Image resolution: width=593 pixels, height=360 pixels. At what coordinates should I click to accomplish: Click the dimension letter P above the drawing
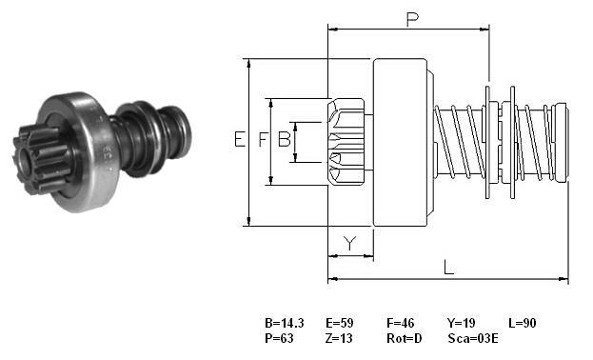(x=412, y=19)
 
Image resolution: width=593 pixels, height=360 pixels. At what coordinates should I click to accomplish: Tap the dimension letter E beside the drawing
(x=240, y=139)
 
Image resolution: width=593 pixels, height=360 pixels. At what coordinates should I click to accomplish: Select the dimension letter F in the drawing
(x=263, y=139)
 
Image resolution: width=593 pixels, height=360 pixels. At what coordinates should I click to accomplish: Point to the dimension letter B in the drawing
(x=285, y=139)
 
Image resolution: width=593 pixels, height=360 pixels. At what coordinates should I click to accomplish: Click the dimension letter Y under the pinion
(x=350, y=243)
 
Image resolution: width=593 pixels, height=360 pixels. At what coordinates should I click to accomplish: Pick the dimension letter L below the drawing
(x=448, y=268)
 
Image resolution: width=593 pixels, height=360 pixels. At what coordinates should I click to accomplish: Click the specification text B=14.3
(x=285, y=323)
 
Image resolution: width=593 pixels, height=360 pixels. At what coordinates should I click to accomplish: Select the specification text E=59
(x=340, y=323)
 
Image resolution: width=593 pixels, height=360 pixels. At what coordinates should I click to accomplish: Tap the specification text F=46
(x=400, y=323)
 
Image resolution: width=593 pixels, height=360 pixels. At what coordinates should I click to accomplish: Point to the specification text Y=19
(x=462, y=323)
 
